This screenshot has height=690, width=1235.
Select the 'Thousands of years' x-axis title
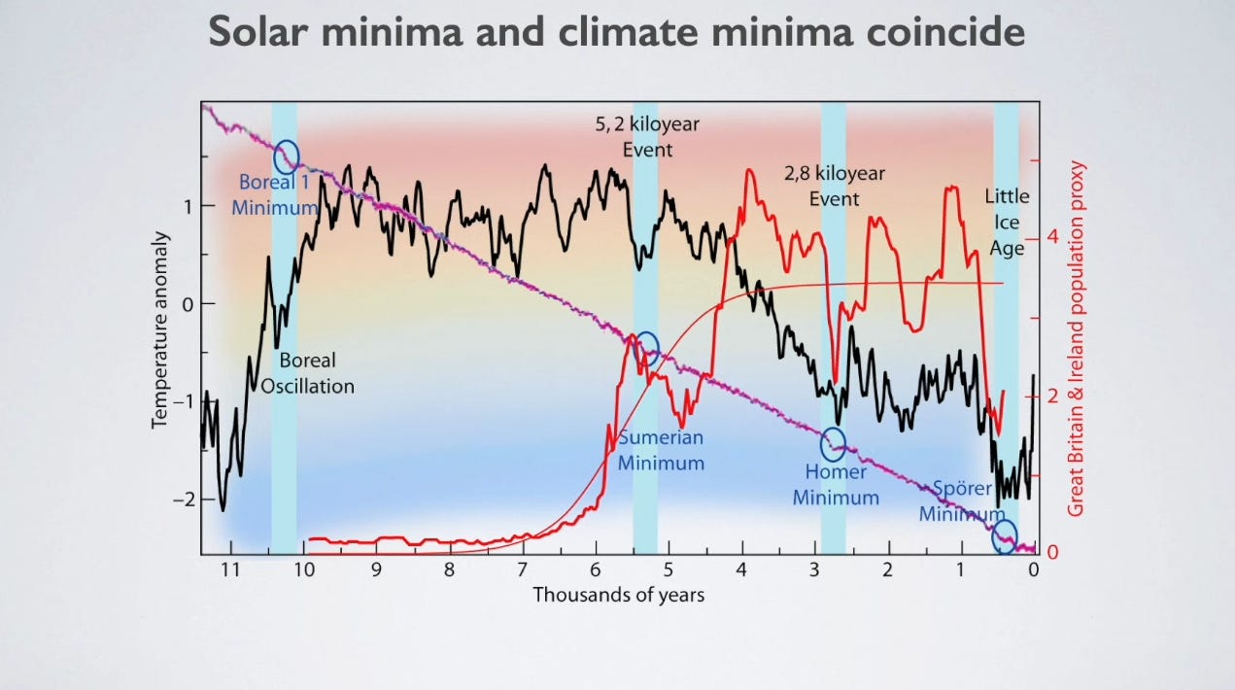[618, 594]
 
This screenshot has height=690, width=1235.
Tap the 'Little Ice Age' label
[1007, 222]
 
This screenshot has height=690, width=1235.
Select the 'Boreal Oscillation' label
[307, 373]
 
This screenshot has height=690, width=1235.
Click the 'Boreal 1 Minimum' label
[275, 193]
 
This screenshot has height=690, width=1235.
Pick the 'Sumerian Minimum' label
[661, 449]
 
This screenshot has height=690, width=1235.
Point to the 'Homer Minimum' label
[836, 484]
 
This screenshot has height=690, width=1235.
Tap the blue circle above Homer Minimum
[834, 445]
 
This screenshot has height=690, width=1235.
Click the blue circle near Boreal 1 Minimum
[287, 155]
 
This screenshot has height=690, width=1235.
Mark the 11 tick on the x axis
[229, 570]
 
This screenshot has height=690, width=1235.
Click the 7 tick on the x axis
[522, 570]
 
